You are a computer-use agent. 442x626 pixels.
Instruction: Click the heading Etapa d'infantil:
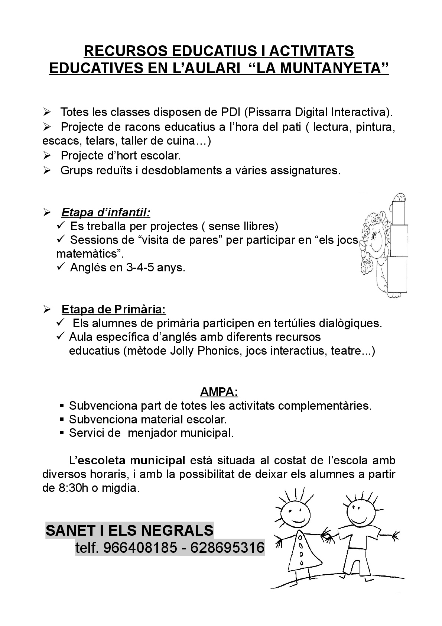106,213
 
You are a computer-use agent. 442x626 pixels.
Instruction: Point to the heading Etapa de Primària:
114,309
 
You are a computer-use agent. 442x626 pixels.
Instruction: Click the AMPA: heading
219,391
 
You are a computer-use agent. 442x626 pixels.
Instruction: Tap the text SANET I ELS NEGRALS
130,530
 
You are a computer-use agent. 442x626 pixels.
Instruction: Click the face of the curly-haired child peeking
376,243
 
